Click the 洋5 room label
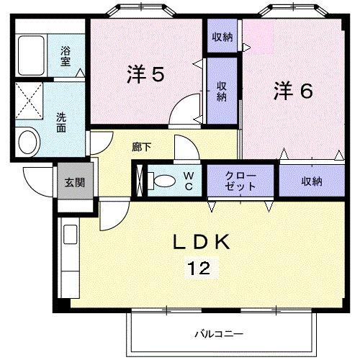tap(147, 74)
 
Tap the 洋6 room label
tap(292, 91)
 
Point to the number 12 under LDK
tap(200, 269)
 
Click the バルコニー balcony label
tap(219, 334)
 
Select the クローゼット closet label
tap(240, 181)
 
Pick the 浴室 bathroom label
tap(66, 56)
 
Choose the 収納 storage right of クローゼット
tap(311, 181)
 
